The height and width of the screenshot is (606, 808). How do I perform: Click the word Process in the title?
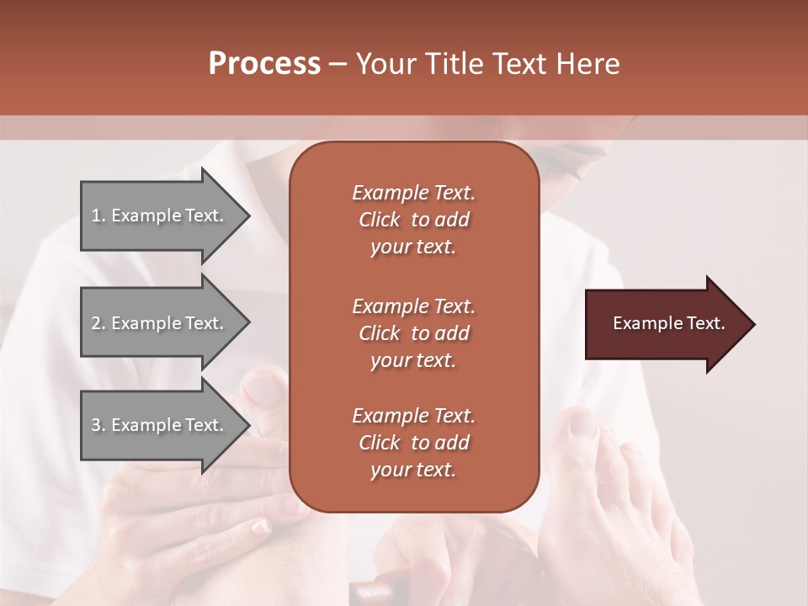(264, 64)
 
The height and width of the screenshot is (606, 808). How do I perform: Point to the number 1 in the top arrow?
(96, 215)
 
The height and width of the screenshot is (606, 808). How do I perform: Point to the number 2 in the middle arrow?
(96, 323)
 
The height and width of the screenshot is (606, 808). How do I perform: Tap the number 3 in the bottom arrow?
(96, 425)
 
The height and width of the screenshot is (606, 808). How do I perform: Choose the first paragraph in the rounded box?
(413, 220)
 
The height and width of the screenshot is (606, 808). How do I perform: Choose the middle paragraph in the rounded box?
(413, 333)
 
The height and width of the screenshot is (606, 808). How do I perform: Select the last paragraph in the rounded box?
(413, 443)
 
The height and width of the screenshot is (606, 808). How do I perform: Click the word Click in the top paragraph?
(380, 220)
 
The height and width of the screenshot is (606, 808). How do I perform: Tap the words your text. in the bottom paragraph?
(413, 470)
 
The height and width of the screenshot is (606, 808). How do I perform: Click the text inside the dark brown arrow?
(668, 323)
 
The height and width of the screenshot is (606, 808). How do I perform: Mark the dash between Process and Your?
(338, 64)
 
